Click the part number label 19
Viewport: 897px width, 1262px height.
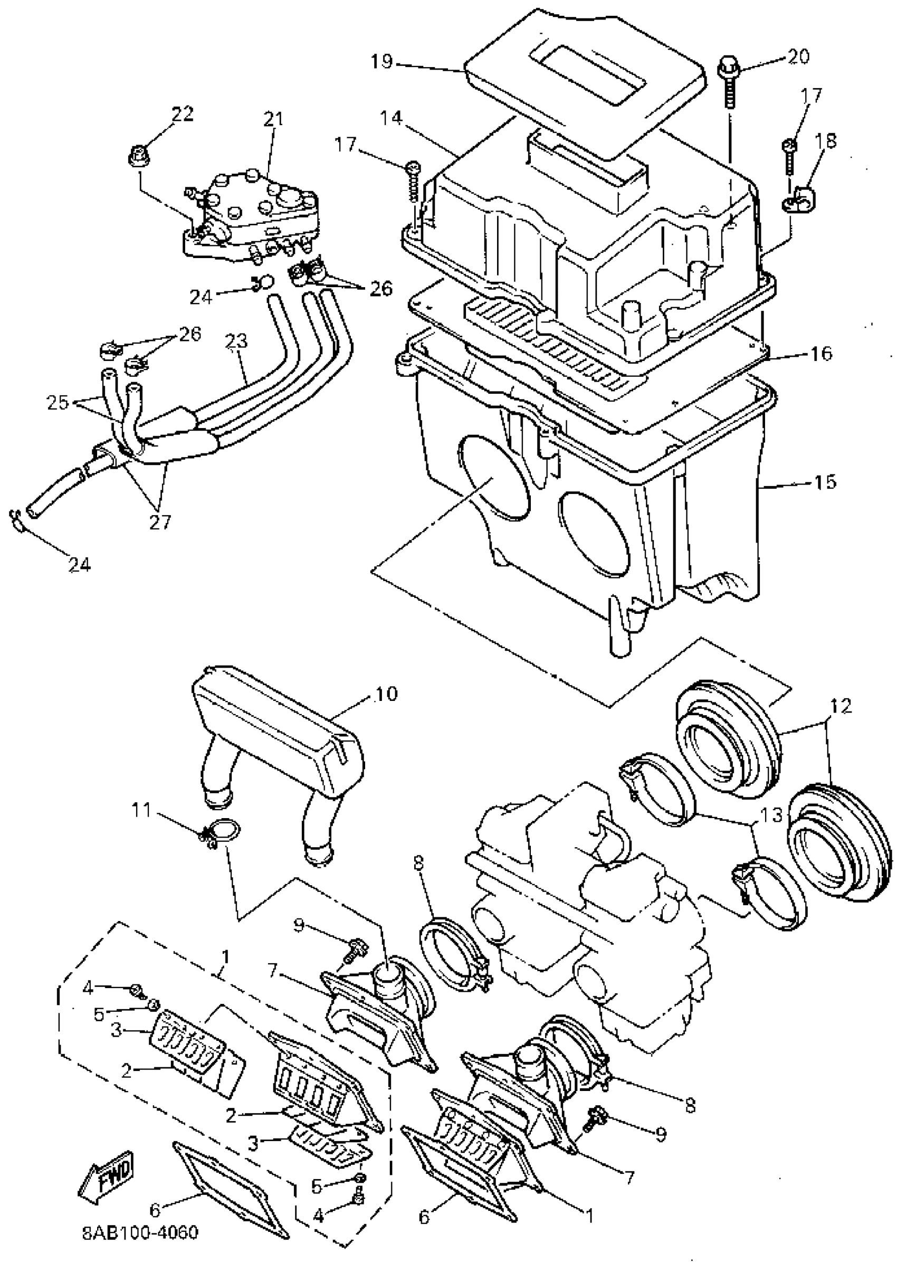click(x=381, y=61)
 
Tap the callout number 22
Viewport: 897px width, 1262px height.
click(x=182, y=115)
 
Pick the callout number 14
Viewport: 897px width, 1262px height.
click(x=391, y=118)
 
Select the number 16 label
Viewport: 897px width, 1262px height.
click(x=822, y=353)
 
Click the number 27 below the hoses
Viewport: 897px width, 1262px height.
click(x=160, y=521)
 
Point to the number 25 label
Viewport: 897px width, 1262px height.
click(x=58, y=402)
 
